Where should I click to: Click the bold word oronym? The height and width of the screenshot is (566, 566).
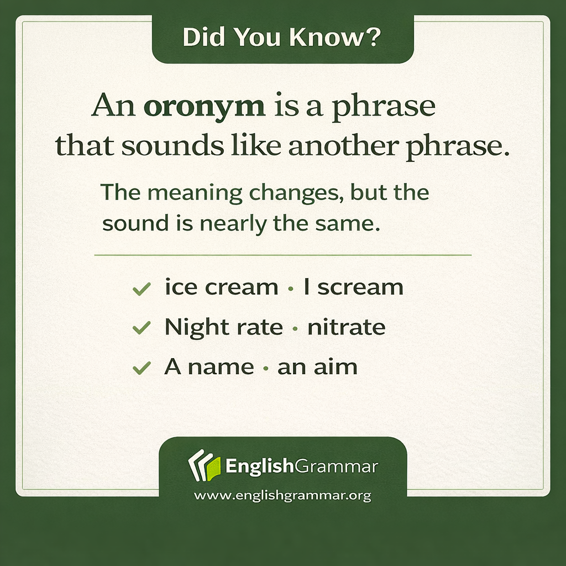(x=204, y=106)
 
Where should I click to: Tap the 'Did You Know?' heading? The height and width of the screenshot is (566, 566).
(x=282, y=38)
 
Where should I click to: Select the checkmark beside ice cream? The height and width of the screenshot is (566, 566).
(x=142, y=289)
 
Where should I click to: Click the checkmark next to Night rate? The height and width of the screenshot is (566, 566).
(x=142, y=328)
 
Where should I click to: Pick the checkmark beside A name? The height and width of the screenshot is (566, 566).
(x=142, y=368)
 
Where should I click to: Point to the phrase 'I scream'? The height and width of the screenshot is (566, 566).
(x=353, y=287)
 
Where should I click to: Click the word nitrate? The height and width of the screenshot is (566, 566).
(x=347, y=327)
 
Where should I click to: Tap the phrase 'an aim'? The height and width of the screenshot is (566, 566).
(x=317, y=367)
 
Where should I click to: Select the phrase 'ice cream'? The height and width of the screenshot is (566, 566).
(x=221, y=287)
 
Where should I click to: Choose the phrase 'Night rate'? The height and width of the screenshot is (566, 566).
(x=223, y=328)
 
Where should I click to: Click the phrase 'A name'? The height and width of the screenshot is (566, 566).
(x=209, y=367)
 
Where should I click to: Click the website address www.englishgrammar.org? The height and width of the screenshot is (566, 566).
(x=282, y=496)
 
